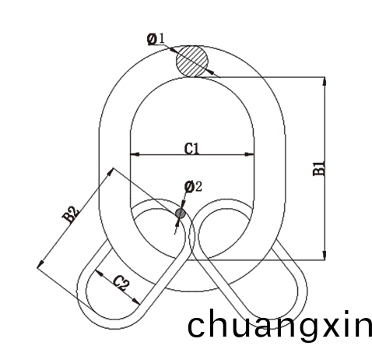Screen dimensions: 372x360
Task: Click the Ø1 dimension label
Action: pos(156,39)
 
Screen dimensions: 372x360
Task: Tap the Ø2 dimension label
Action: pos(193,187)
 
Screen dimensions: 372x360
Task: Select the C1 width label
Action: pos(191,149)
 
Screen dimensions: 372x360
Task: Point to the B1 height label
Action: pos(319,168)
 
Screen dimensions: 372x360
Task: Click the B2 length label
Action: pos(71,214)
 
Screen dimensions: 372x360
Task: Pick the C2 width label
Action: pos(121,283)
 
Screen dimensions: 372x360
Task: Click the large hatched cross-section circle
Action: pos(192,62)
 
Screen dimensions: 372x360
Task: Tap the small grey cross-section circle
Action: pos(181,214)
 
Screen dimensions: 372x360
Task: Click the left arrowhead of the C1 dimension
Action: pos(135,154)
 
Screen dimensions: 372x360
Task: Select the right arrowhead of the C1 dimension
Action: pos(249,154)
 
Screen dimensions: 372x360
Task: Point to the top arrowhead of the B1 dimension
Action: pos(325,82)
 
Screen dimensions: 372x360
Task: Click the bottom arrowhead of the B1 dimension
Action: pos(325,255)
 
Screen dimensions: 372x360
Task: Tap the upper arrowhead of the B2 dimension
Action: pos(111,171)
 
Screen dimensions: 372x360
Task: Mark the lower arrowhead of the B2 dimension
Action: pos(40,264)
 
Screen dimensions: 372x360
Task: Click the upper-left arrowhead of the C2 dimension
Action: pos(99,273)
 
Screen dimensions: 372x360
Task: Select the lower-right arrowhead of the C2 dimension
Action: pos(136,302)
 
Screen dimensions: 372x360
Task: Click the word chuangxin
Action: pos(279,326)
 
